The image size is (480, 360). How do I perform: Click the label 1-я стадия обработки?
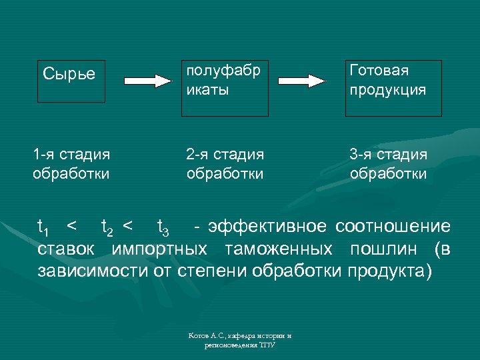click(71, 164)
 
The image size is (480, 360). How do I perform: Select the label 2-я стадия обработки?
click(225, 164)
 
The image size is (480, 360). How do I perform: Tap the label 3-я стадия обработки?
click(389, 164)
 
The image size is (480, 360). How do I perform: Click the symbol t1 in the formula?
click(43, 229)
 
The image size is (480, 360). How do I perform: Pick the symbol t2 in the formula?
click(106, 229)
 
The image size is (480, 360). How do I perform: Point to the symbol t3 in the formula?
click(163, 229)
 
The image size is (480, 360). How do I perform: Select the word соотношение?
click(393, 227)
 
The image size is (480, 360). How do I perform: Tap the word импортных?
click(159, 249)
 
